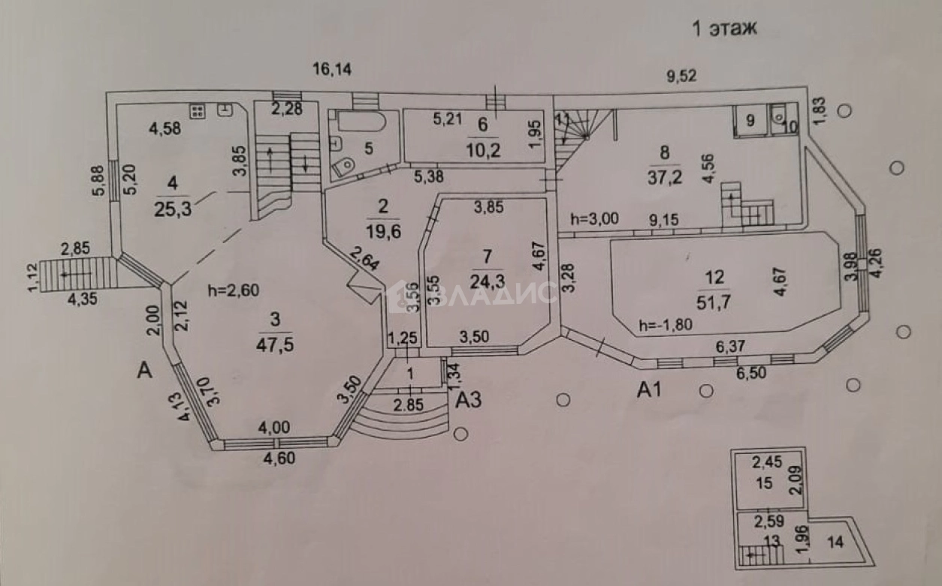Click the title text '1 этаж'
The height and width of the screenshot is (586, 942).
[x=723, y=29]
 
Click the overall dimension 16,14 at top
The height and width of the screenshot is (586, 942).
[x=333, y=70]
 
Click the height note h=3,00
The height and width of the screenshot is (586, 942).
[x=593, y=220]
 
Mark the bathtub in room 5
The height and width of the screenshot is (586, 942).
[x=358, y=122]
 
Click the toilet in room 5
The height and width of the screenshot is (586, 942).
[x=343, y=167]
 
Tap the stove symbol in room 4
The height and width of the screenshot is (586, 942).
[x=198, y=111]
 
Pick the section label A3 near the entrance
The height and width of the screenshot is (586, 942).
[x=468, y=400]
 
